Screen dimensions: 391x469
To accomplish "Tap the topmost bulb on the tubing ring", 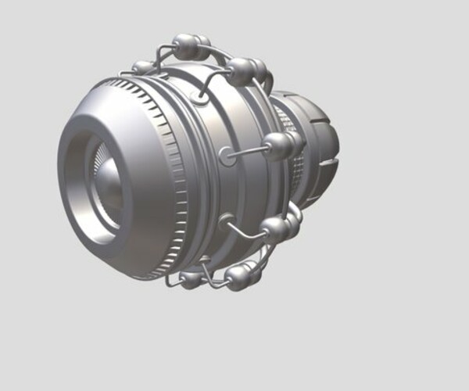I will click(185, 45).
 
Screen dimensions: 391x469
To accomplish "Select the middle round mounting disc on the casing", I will click(227, 156).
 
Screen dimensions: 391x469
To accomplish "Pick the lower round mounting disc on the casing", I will click(227, 221).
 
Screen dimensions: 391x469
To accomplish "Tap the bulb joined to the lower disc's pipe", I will click(275, 228).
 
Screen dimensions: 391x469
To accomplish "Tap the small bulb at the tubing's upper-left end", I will click(143, 67).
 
